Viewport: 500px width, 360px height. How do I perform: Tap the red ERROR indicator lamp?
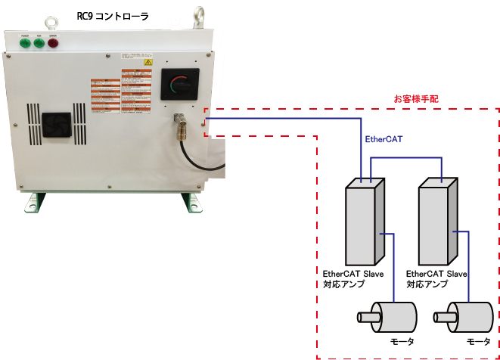point(53,42)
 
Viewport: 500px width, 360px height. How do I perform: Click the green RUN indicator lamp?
point(38,42)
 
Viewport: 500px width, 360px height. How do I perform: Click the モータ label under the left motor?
point(400,342)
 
